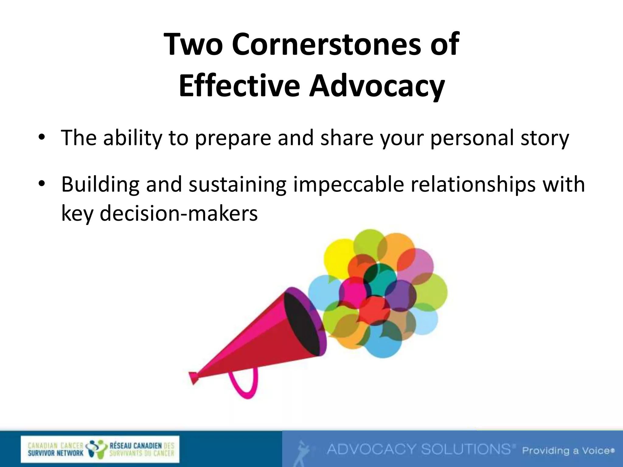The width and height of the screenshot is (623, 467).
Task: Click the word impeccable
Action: tap(348, 185)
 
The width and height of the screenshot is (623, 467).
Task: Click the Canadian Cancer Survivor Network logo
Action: tap(100, 449)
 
